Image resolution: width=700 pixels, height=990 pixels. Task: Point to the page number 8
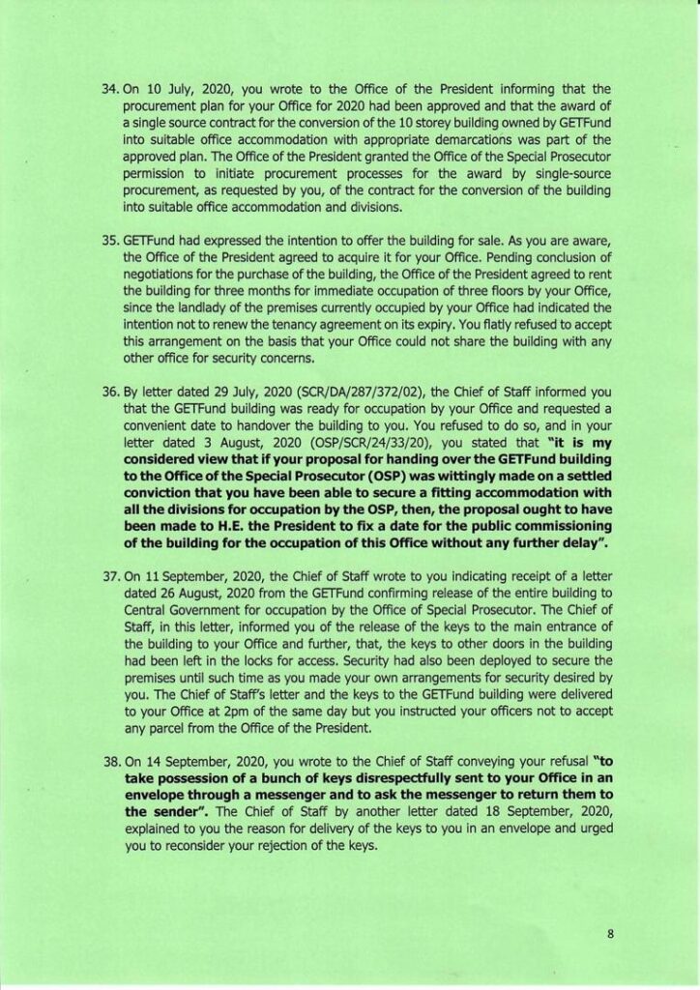[611, 934]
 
